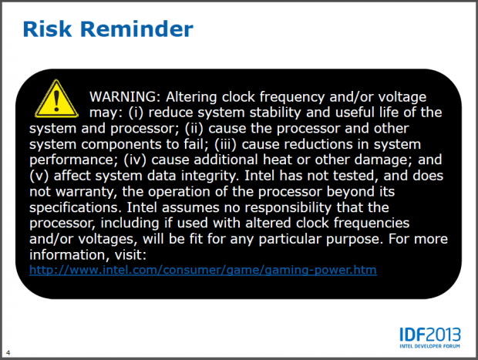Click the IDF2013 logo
click(429, 336)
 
